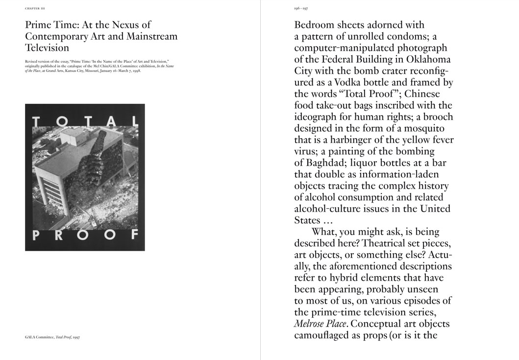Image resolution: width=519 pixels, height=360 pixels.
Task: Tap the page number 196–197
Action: [300, 9]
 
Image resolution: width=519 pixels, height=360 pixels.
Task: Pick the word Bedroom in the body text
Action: [318, 24]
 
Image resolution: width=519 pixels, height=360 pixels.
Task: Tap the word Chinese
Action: [422, 94]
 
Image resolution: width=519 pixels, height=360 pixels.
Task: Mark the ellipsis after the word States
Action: [332, 220]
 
